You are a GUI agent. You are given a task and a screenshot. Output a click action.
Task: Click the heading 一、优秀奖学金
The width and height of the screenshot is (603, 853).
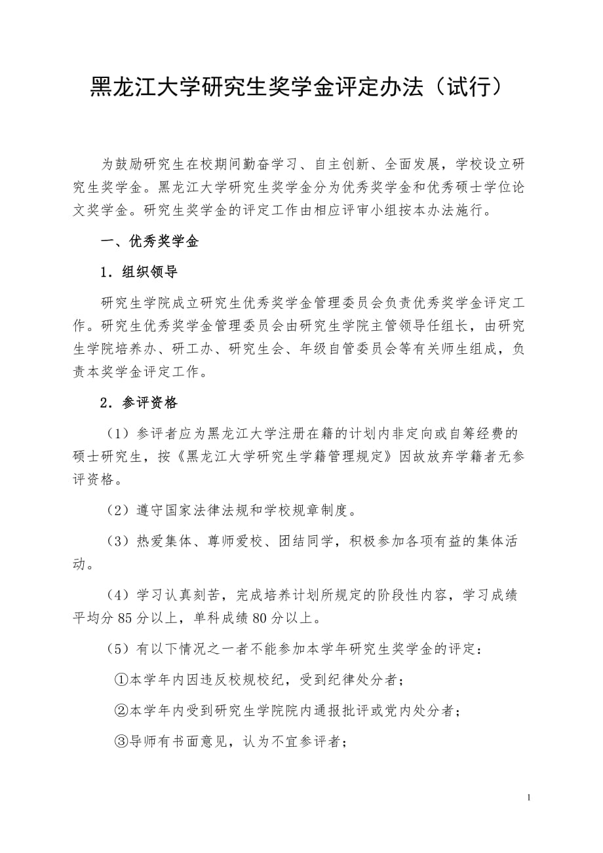click(149, 242)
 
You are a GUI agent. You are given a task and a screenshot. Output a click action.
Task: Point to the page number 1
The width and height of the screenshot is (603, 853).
click(529, 797)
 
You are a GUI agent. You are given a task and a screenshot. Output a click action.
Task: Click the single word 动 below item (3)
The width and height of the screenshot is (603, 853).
click(79, 564)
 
